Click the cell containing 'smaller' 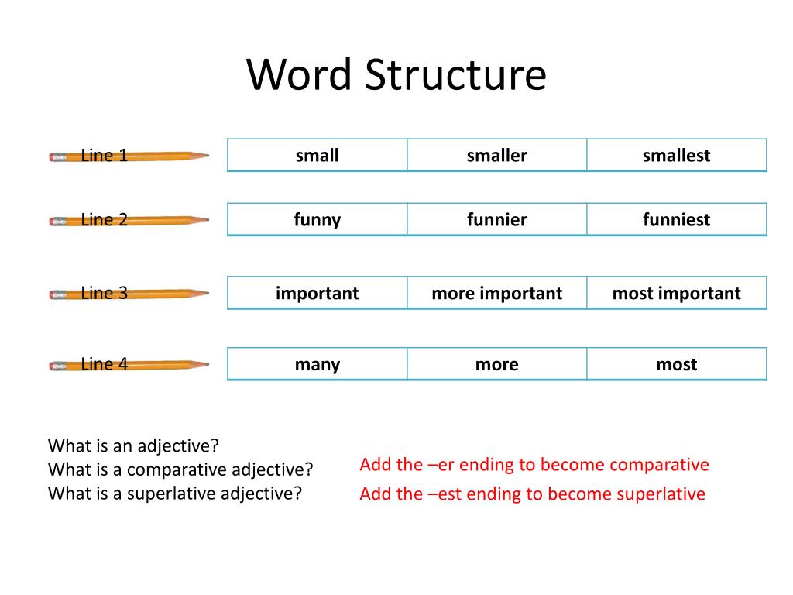(x=496, y=155)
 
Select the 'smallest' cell (x=676, y=155)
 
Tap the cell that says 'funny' (x=317, y=219)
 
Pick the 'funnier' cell (x=496, y=219)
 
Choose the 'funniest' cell (x=676, y=219)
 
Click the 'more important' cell (x=496, y=293)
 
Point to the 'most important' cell (x=676, y=293)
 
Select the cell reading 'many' (x=317, y=364)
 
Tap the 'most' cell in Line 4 (x=676, y=364)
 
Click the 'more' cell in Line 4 (x=496, y=364)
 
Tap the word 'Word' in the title (x=300, y=75)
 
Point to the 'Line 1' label (x=104, y=155)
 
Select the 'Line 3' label (x=104, y=293)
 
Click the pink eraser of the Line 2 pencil (x=54, y=221)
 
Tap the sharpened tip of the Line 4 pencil (x=205, y=364)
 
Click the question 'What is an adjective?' (x=134, y=445)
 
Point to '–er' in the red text (x=439, y=465)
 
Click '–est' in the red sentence (x=443, y=494)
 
